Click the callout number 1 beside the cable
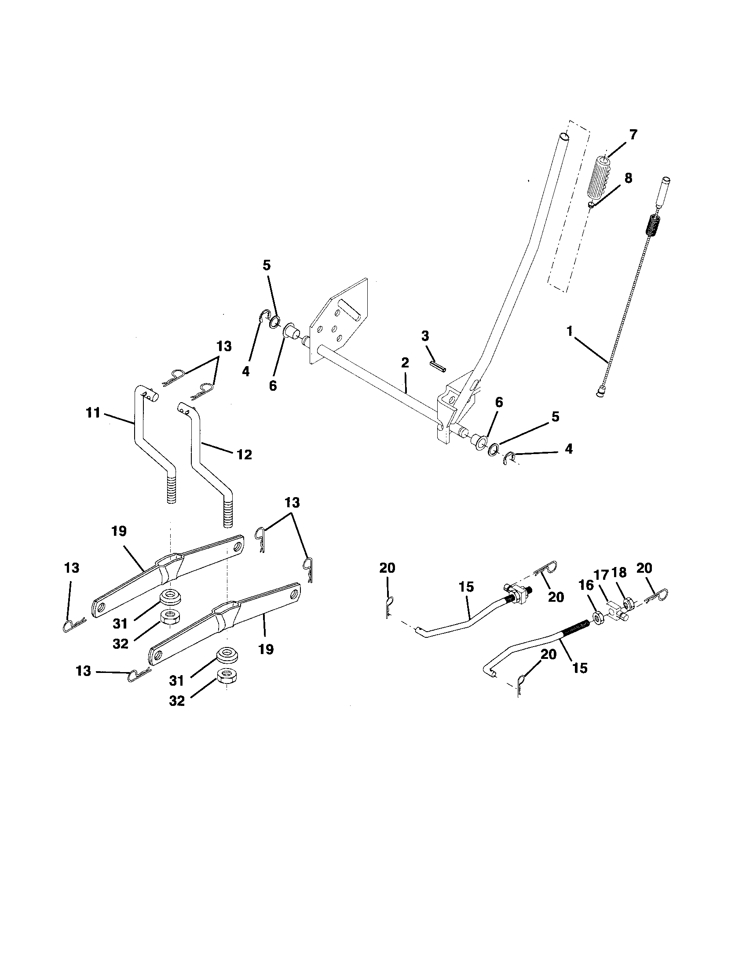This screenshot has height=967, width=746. tap(570, 331)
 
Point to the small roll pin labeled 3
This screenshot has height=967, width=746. tap(437, 367)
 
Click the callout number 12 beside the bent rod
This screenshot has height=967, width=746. tap(244, 454)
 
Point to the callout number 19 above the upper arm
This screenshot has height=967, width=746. tap(119, 531)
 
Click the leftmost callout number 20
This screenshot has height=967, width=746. tap(387, 568)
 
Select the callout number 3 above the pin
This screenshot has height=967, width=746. tap(425, 336)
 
